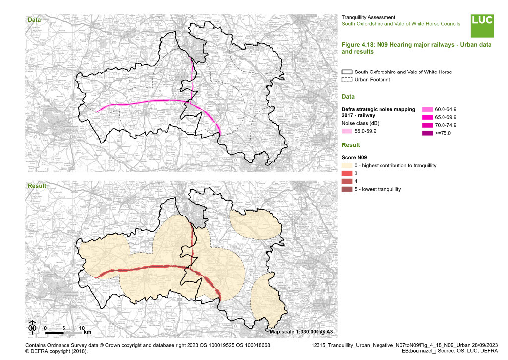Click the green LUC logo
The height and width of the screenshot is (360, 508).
pyautogui.click(x=482, y=26)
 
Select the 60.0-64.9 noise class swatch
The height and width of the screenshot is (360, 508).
pyautogui.click(x=427, y=109)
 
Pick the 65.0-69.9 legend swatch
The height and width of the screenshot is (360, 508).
pyautogui.click(x=427, y=117)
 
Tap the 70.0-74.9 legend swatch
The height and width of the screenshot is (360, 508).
pyautogui.click(x=427, y=125)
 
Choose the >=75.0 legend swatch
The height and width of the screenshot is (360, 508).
pyautogui.click(x=427, y=133)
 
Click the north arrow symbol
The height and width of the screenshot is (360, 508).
pyautogui.click(x=32, y=327)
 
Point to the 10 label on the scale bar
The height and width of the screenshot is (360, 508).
pyautogui.click(x=82, y=328)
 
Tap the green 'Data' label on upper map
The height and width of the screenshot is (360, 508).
pyautogui.click(x=34, y=20)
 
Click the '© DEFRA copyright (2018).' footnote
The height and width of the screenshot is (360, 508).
pyautogui.click(x=56, y=351)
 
